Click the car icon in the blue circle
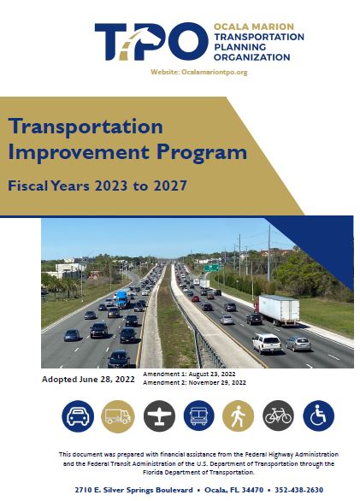(78, 416)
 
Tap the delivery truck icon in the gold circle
(118, 416)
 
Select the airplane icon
(159, 416)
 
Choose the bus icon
(199, 416)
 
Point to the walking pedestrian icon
(239, 416)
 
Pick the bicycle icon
(278, 416)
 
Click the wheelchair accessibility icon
(318, 416)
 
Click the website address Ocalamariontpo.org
(215, 72)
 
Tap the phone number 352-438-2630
(298, 490)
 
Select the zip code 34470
(253, 490)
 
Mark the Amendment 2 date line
(194, 382)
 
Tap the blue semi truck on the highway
(121, 298)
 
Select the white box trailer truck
(277, 310)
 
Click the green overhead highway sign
(212, 268)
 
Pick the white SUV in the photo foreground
(267, 344)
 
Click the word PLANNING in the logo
(239, 47)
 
